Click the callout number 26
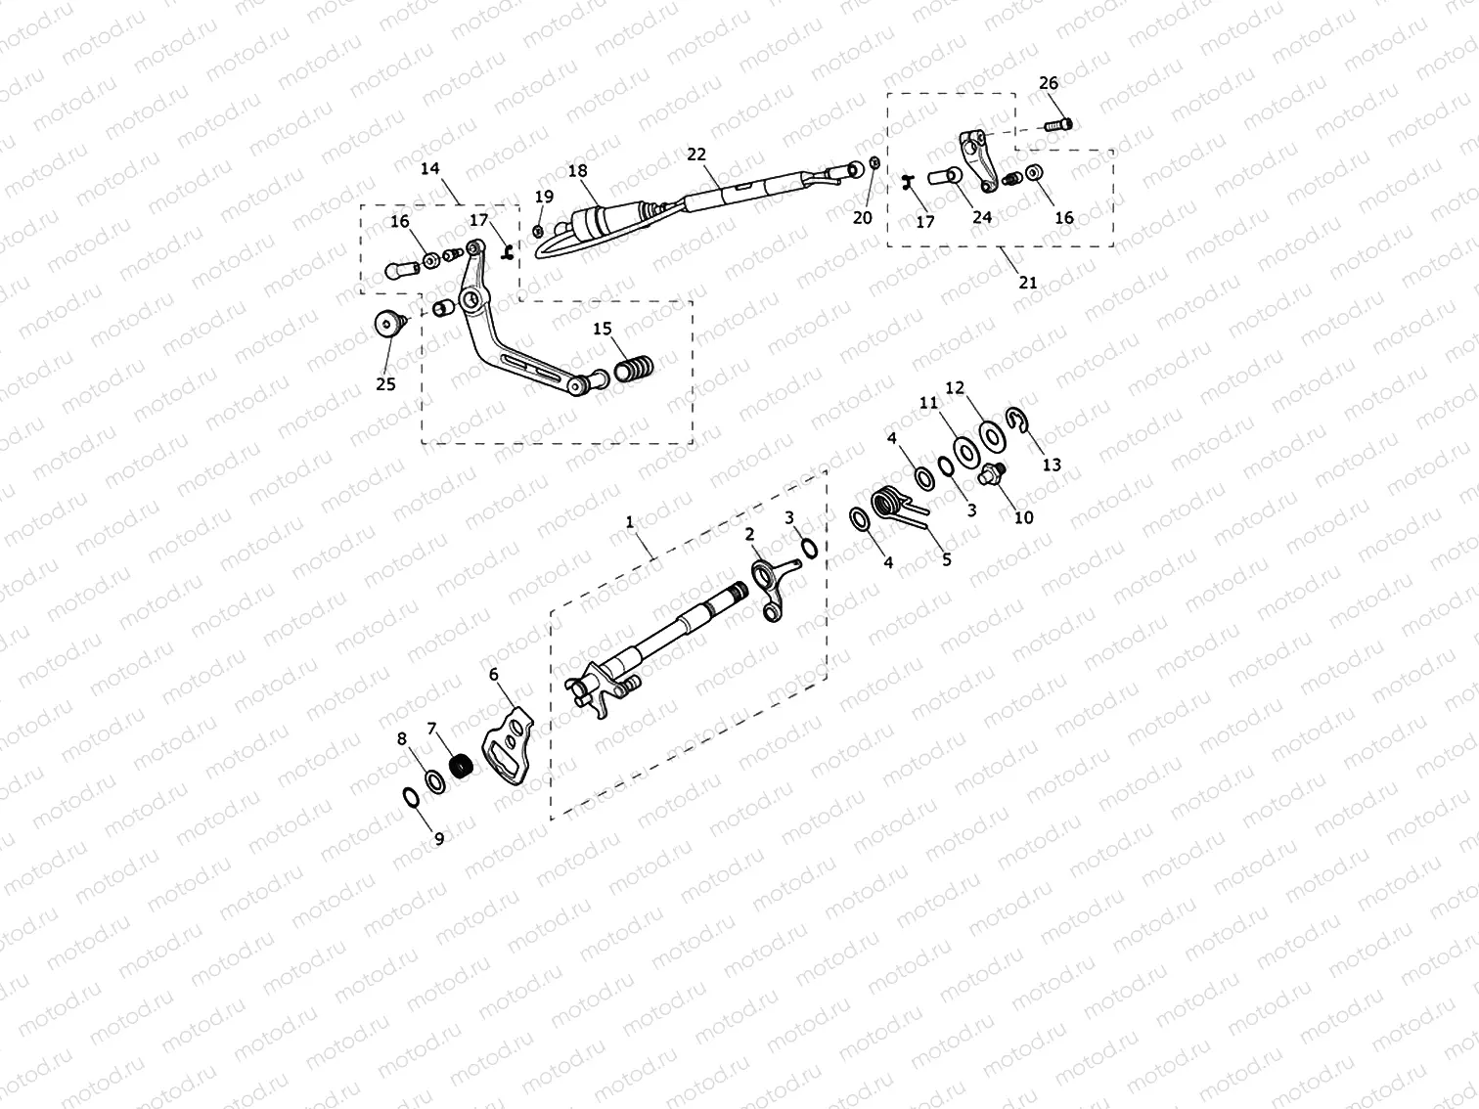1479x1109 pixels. pos(1048,83)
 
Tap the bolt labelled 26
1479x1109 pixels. pos(1058,123)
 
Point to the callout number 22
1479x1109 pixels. pos(695,155)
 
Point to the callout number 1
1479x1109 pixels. pos(630,522)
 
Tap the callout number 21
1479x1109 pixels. pos(1027,283)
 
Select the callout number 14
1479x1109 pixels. pos(430,168)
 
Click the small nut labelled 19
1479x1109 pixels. pos(539,232)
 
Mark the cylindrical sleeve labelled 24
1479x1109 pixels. pos(943,180)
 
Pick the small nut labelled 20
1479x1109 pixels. pos(874,163)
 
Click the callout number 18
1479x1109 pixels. pos(577,171)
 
